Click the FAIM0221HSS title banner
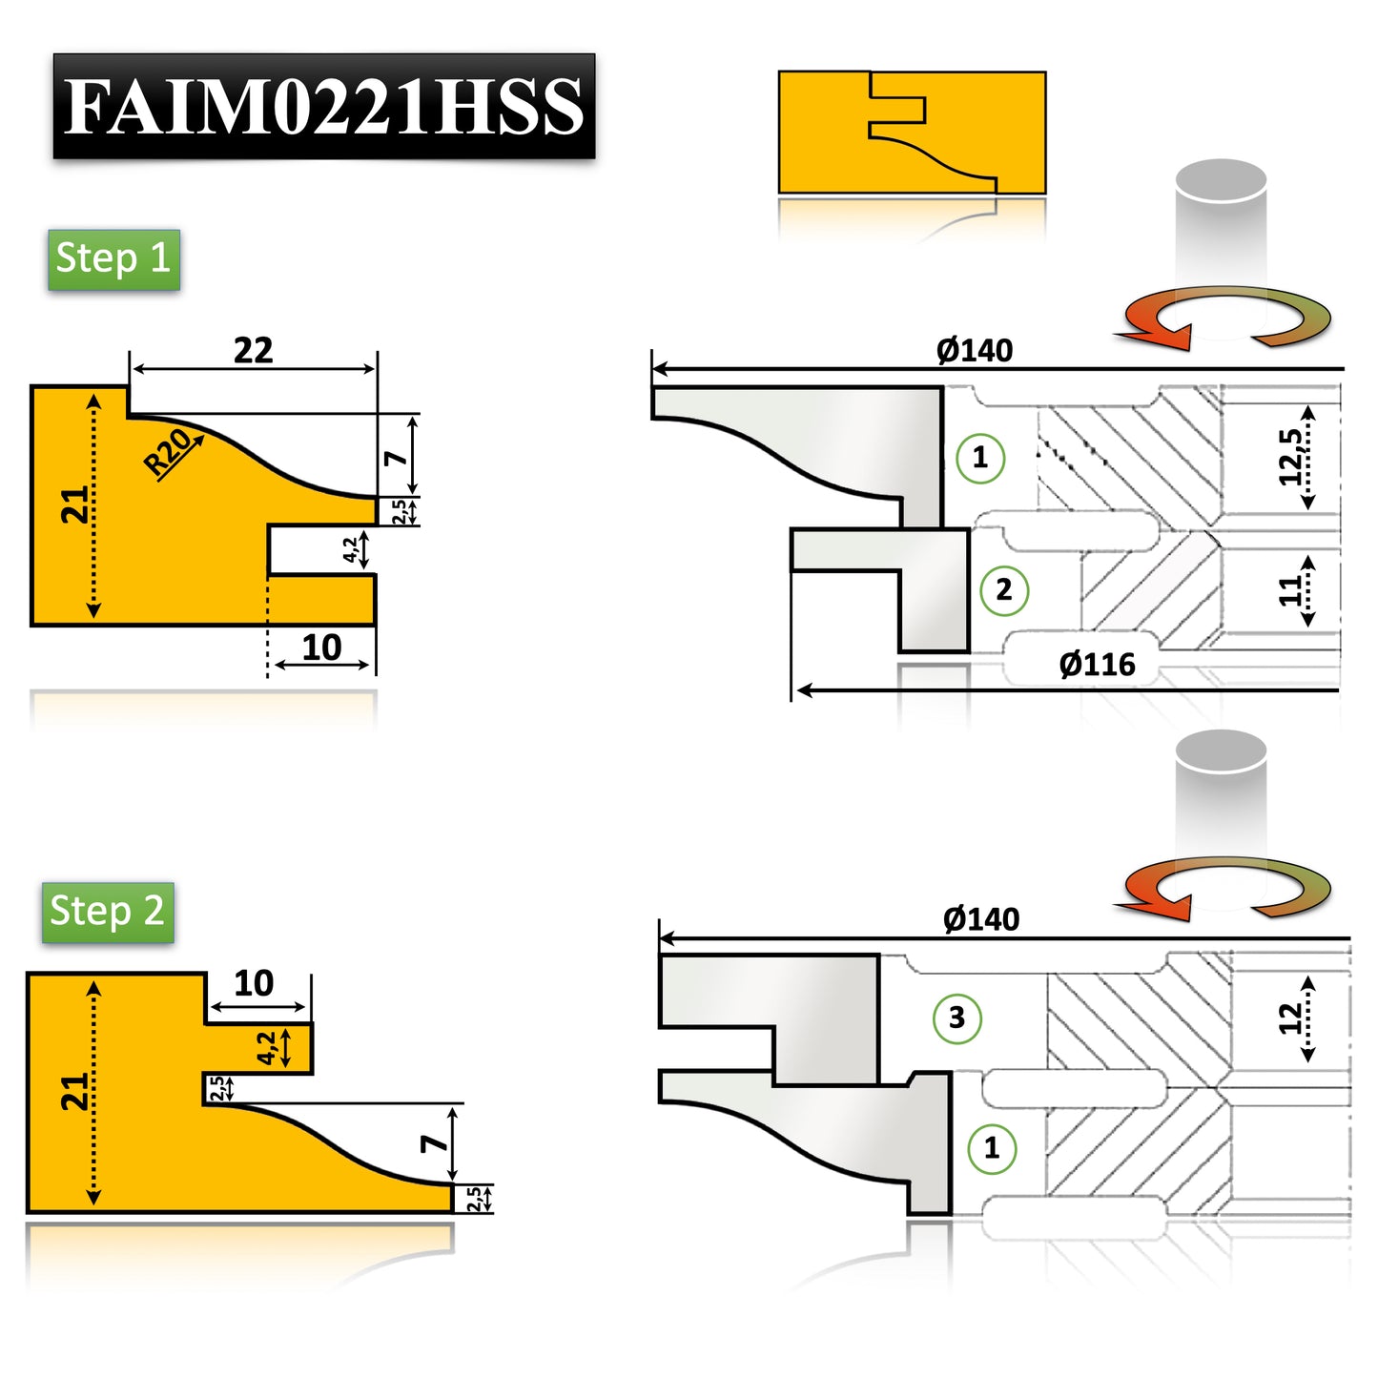coord(323,106)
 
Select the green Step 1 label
coord(113,259)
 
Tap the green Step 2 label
coord(108,913)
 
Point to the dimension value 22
coord(253,351)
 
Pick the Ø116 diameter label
coord(1097,664)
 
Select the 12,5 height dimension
coord(1290,457)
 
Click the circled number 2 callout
coord(1004,590)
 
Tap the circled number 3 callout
coord(956,1018)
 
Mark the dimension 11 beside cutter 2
coord(1290,590)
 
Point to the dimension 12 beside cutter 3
coord(1290,1018)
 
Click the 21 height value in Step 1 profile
coord(75,505)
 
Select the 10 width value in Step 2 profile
coord(254,983)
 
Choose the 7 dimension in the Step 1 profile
coord(395,458)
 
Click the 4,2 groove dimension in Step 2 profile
coord(267,1048)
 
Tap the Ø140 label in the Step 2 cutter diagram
coord(980,919)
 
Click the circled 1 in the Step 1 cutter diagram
coord(979,458)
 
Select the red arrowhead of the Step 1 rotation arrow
coord(1163,335)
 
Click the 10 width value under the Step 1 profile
coord(321,648)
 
